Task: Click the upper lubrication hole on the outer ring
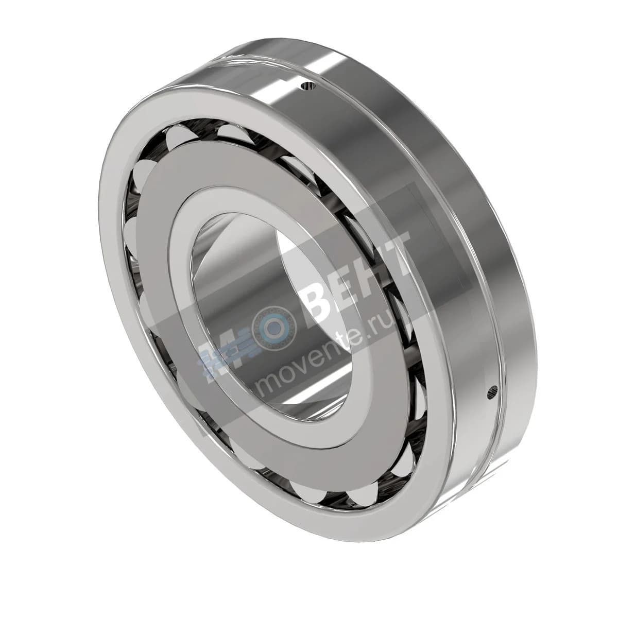tap(308, 86)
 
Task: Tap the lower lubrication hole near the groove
tap(492, 392)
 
